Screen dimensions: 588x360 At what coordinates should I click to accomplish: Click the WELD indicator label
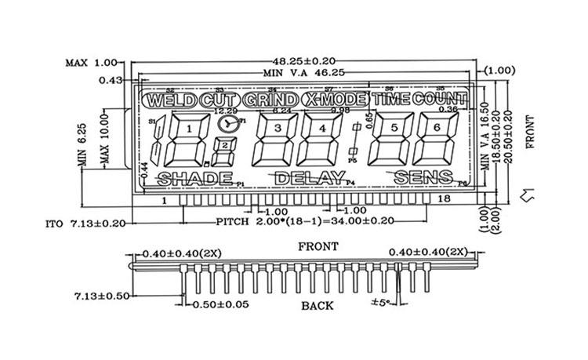169,100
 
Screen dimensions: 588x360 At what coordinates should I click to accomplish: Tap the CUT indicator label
219,100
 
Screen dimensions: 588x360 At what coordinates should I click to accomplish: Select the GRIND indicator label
270,100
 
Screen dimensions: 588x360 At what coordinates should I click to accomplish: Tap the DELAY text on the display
309,178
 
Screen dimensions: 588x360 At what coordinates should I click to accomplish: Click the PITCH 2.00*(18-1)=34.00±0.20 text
301,223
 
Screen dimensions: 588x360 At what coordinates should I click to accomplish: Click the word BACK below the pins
317,305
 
